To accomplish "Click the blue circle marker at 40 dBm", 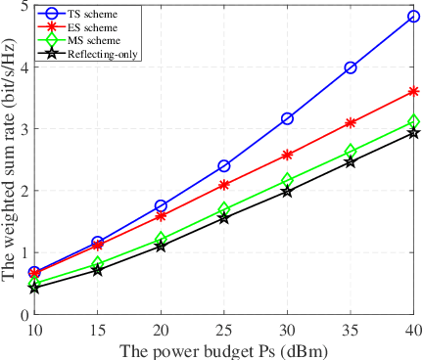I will (413, 16).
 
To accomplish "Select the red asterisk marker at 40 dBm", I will (413, 91).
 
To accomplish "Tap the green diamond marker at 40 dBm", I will (413, 121).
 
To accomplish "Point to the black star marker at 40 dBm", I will (413, 132).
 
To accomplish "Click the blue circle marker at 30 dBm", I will (287, 118).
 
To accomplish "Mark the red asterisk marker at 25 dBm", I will (224, 185).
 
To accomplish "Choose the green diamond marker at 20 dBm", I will (161, 239).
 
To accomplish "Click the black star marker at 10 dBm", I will (34, 288).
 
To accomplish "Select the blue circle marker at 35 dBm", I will (351, 67).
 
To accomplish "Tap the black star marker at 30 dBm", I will (287, 192).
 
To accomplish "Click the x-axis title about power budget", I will (224, 347).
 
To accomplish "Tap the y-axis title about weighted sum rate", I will (9, 161).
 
